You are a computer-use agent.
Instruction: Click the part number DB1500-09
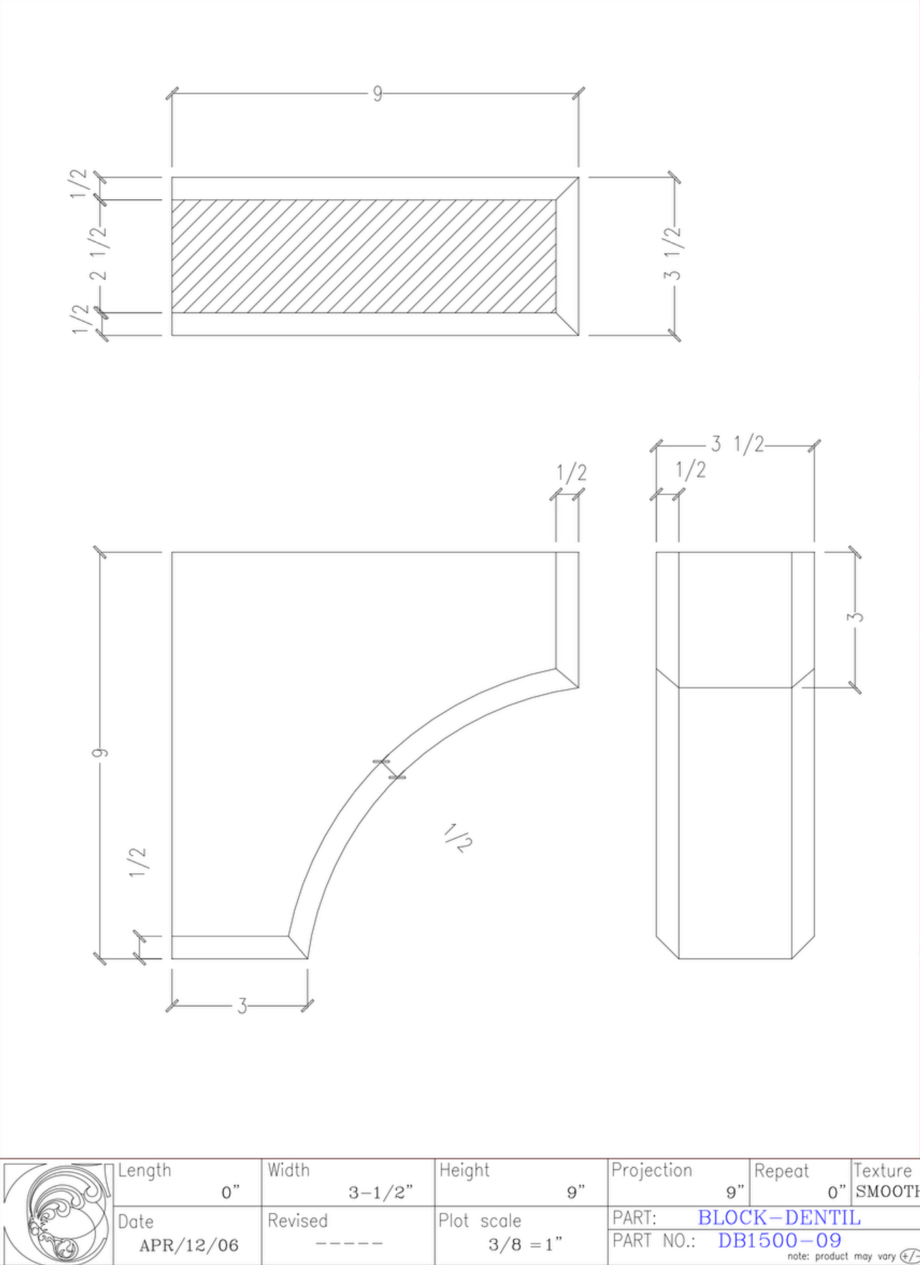pyautogui.click(x=779, y=1240)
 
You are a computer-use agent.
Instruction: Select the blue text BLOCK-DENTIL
pyautogui.click(x=779, y=1217)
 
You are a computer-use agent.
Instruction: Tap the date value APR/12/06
pyautogui.click(x=188, y=1245)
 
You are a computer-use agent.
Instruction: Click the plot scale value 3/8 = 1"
pyautogui.click(x=524, y=1244)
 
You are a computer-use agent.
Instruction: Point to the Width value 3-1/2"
pyautogui.click(x=380, y=1193)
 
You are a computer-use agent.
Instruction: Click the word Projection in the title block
pyautogui.click(x=651, y=1170)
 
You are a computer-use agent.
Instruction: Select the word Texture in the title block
pyautogui.click(x=882, y=1170)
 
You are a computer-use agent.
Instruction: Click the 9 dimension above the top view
pyautogui.click(x=377, y=94)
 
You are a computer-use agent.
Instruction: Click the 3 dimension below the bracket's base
pyautogui.click(x=242, y=1006)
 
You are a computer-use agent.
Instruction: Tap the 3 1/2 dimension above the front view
pyautogui.click(x=737, y=444)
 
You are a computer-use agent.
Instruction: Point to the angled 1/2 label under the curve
pyautogui.click(x=457, y=837)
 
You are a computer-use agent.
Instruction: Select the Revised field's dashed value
pyautogui.click(x=349, y=1244)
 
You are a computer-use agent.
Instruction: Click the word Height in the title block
pyautogui.click(x=464, y=1170)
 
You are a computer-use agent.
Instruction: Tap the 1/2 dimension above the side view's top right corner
pyautogui.click(x=571, y=473)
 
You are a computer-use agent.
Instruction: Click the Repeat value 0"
pyautogui.click(x=836, y=1193)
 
